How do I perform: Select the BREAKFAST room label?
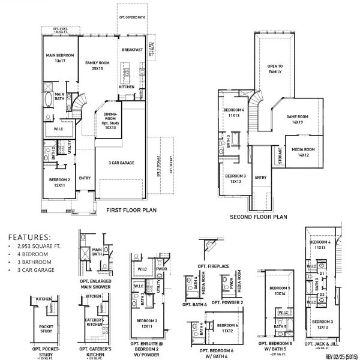point(132,50)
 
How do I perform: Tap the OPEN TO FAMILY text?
point(275,69)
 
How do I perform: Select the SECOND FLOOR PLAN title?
point(259,217)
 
